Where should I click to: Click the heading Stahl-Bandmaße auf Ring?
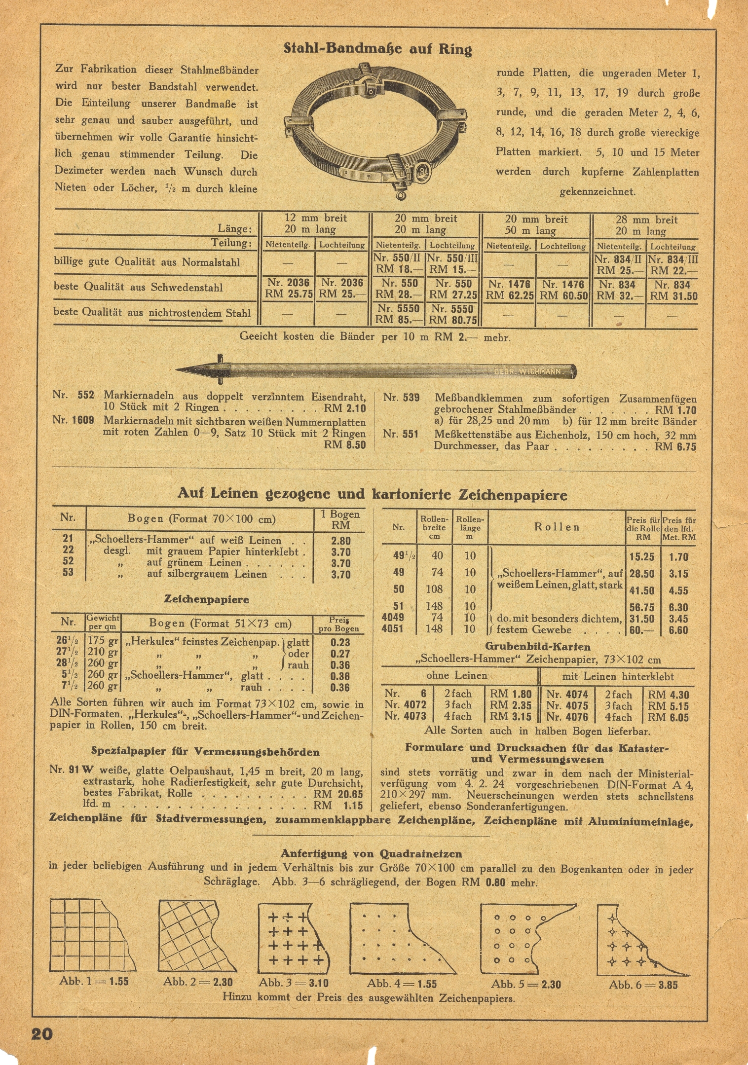[x=377, y=48]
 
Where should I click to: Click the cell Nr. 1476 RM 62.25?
[x=509, y=290]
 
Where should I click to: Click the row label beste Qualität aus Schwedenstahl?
[x=138, y=287]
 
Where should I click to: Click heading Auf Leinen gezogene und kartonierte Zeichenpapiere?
[x=373, y=494]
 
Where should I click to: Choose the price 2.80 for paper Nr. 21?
[x=341, y=541]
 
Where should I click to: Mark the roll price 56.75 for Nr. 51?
[x=642, y=607]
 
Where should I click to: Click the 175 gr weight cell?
[x=103, y=641]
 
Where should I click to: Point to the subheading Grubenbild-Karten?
[x=537, y=646]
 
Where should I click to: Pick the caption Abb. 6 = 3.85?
[x=643, y=985]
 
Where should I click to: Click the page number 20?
[x=42, y=1033]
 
